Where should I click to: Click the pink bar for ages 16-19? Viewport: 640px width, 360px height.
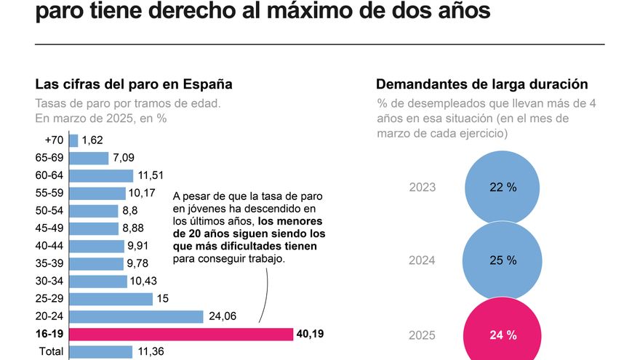[x=181, y=334]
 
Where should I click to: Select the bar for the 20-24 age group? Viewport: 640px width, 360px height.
[x=137, y=316]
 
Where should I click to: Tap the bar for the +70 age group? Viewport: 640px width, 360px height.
[x=74, y=140]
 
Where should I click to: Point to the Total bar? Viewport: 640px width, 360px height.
[x=101, y=352]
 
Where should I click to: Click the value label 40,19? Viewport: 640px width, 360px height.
[x=311, y=334]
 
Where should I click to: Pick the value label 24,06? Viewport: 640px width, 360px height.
[x=223, y=316]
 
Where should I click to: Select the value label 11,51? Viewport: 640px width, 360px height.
[x=152, y=175]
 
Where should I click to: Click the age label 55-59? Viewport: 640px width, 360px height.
[x=49, y=193]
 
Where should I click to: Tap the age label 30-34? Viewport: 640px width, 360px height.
[x=49, y=281]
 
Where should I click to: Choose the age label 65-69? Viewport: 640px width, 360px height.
[x=49, y=158]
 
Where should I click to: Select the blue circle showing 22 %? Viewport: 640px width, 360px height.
[x=503, y=188]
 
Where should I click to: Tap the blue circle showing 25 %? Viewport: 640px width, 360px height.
[x=503, y=260]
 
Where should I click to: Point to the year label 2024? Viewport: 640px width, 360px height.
[x=423, y=261]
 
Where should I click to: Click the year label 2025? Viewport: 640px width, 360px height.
[x=423, y=335]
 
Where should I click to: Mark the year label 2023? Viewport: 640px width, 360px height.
[x=423, y=188]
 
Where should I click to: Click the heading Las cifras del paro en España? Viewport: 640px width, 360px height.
[x=133, y=84]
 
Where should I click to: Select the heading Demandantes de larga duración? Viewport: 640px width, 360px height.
[x=481, y=84]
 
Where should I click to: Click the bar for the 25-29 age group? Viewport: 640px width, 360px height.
[x=111, y=299]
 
